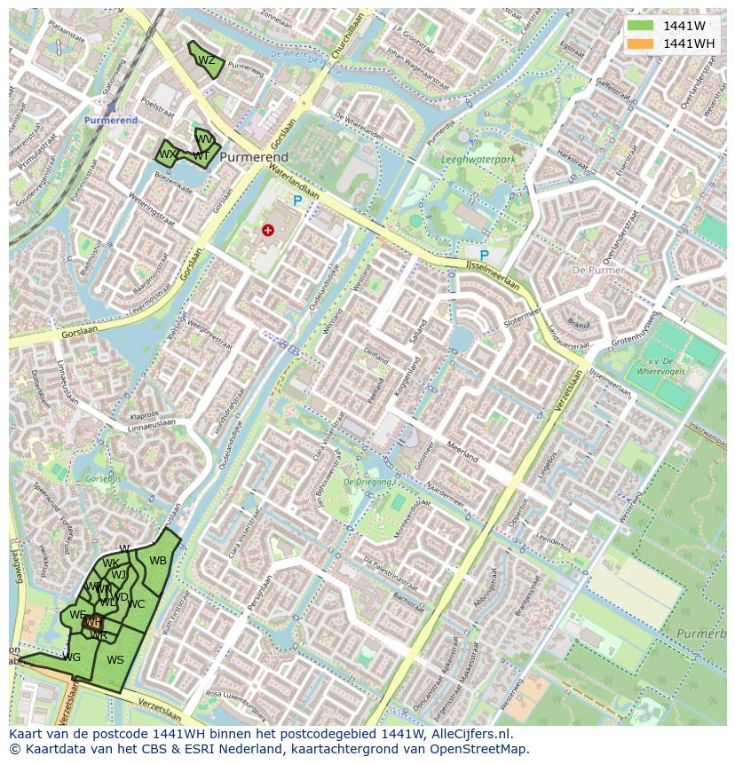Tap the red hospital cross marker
pos(268,231)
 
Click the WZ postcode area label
pos(206,61)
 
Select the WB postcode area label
pos(158,561)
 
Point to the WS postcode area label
pos(115,660)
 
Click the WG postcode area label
pos(72,658)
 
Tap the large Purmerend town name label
pos(254,157)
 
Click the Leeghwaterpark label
pos(478,161)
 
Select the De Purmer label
pos(598,270)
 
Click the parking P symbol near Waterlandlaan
pos(297,202)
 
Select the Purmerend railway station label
pos(111,120)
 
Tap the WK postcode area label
pos(110,564)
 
